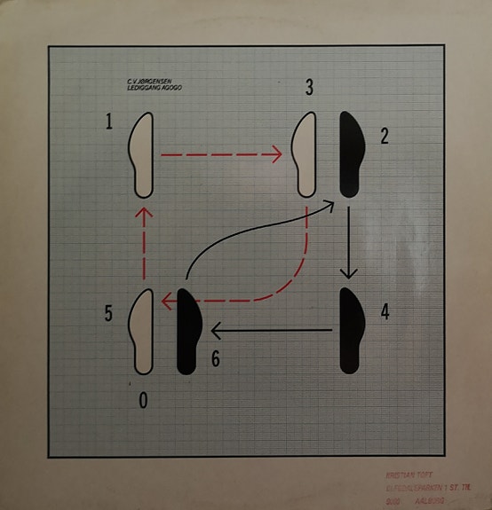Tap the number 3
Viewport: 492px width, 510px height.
(308, 88)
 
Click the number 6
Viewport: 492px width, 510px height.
(215, 359)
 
